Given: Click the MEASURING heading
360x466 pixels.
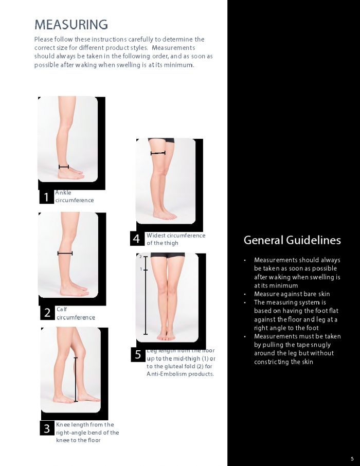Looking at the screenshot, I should click(71, 24).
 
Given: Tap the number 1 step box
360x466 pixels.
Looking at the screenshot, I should click(46, 197).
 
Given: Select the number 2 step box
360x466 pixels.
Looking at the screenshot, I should click(47, 313).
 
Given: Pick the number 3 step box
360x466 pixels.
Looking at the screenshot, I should click(47, 428).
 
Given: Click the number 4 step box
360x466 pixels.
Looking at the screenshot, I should click(136, 239).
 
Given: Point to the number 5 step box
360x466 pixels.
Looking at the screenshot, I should click(138, 354).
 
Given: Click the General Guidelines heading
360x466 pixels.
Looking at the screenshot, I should click(292, 240).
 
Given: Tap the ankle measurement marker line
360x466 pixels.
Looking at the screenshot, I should click(64, 167).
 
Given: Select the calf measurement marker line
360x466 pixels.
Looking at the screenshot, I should click(65, 253).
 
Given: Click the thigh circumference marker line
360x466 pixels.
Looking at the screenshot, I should click(158, 153).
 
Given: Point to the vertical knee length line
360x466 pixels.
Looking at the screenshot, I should click(76, 379).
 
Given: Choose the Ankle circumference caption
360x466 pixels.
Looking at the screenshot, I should click(74, 196).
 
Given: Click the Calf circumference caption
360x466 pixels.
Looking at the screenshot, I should click(75, 313).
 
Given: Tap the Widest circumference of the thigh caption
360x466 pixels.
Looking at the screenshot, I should click(175, 239).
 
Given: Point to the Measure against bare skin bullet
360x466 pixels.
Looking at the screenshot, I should click(292, 294).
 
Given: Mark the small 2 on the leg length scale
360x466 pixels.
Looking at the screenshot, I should click(140, 256).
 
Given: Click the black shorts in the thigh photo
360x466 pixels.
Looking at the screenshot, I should click(160, 140).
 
